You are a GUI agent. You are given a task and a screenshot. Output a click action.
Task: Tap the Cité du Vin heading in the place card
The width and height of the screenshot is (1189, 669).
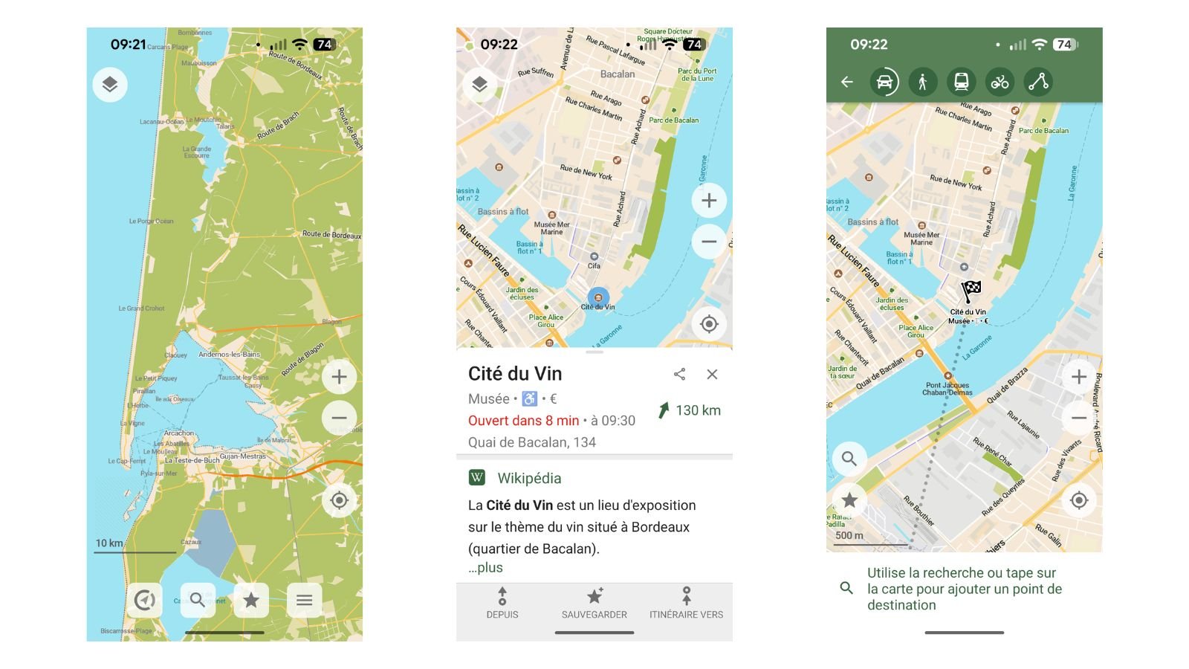515,374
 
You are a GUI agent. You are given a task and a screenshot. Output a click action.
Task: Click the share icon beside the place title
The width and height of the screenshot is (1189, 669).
679,374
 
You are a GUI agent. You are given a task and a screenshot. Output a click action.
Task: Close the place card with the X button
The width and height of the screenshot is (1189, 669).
712,374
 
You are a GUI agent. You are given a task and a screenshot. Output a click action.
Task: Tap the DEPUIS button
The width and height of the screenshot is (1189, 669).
502,603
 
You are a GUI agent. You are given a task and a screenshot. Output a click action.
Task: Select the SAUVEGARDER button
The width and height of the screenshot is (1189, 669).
594,603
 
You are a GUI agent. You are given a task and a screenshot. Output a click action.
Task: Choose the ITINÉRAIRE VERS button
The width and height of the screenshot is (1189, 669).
686,603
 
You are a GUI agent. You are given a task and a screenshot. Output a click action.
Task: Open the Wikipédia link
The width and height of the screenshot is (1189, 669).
528,478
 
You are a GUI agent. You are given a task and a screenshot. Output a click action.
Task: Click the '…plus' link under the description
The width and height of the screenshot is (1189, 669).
485,567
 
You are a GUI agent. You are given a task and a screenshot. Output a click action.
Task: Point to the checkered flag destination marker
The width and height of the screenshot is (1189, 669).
971,290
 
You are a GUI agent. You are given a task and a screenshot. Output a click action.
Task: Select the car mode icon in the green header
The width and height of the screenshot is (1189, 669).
884,82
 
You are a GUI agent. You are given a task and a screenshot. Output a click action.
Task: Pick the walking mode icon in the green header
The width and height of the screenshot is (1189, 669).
923,82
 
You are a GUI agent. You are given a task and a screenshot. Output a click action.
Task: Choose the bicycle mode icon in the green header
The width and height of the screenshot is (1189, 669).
1000,82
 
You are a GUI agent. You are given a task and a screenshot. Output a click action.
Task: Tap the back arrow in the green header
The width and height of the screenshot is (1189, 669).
847,82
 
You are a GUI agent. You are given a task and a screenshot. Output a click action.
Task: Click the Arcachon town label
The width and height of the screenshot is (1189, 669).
179,433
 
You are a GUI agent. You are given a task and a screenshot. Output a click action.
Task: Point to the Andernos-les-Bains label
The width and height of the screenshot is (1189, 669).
230,355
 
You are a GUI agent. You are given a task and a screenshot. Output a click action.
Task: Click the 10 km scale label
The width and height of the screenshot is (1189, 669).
109,543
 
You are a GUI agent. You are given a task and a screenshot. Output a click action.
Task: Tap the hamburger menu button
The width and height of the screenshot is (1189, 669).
304,600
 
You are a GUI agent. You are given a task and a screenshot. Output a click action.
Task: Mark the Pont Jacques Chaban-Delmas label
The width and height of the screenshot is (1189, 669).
947,389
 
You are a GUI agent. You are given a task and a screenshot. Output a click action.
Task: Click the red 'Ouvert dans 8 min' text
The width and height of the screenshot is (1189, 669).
523,421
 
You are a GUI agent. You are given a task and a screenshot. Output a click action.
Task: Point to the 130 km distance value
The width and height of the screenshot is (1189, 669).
698,410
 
